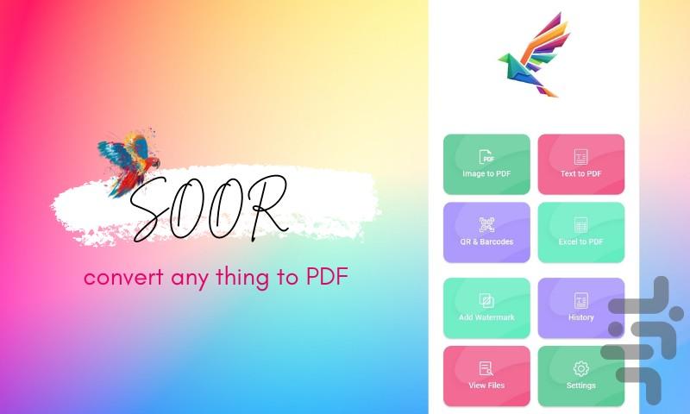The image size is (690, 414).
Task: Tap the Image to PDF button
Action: (x=486, y=164)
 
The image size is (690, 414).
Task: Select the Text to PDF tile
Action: (x=580, y=164)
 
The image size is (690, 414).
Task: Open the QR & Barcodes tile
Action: (x=486, y=232)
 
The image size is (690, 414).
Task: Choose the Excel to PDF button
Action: (x=580, y=232)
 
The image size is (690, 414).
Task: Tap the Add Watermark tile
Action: (x=486, y=308)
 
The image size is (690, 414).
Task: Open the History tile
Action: (x=580, y=308)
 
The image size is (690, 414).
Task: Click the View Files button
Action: (x=486, y=376)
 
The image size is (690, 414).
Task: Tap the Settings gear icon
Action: (x=580, y=368)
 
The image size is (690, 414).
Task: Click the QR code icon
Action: (x=486, y=225)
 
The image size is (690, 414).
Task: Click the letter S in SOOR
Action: (x=148, y=210)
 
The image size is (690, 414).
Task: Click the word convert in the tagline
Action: (x=123, y=277)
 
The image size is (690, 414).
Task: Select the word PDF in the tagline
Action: (x=327, y=276)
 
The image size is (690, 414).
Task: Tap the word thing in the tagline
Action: (x=242, y=278)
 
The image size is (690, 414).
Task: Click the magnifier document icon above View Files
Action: (x=486, y=368)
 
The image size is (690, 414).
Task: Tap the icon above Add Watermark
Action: (x=486, y=300)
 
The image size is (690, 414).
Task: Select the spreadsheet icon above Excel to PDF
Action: (x=580, y=225)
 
